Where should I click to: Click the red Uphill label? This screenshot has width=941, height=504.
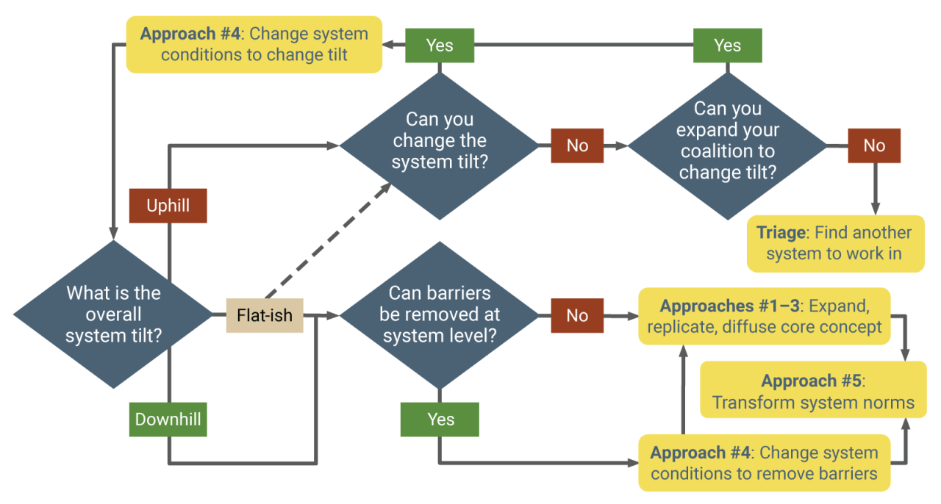point(168,206)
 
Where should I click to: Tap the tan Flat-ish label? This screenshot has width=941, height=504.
point(264,315)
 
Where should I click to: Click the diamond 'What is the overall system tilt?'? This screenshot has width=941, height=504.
point(113,314)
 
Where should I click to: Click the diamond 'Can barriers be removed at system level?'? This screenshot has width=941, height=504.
point(439,314)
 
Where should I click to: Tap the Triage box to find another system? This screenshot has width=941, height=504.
point(835,243)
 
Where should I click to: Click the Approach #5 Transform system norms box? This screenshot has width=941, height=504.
point(813,391)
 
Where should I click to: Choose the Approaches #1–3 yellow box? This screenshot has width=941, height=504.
point(765,316)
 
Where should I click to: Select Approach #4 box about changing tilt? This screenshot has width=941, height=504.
point(254,44)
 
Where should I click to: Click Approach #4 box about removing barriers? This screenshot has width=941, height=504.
point(765,463)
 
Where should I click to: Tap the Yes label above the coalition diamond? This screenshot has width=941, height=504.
point(727,46)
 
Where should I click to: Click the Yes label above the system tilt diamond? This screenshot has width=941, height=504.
point(439,46)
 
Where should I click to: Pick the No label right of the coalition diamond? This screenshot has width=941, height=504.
point(874,145)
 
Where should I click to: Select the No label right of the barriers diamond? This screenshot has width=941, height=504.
point(577,315)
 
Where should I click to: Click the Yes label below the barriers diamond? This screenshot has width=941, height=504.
point(439,420)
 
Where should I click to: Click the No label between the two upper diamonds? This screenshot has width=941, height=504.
point(577,145)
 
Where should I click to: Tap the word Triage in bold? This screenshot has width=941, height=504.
point(781,233)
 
